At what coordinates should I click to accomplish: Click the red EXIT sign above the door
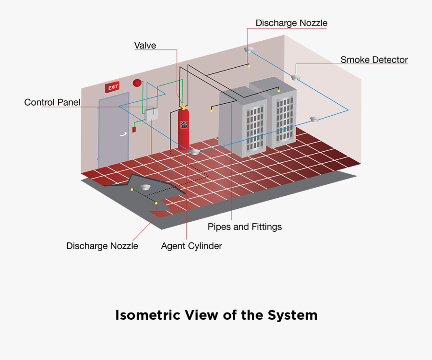[112, 87]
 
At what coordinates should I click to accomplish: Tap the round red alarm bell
[137, 83]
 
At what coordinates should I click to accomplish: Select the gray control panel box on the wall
[152, 114]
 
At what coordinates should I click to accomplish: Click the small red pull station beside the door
[134, 129]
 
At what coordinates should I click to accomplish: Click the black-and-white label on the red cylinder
[184, 125]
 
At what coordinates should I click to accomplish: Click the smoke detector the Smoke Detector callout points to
[296, 77]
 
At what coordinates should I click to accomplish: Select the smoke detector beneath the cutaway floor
[146, 186]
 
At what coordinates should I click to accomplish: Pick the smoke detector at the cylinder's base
[194, 152]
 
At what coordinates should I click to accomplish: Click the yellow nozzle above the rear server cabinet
[279, 90]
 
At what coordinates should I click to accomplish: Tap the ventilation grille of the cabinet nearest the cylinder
[254, 127]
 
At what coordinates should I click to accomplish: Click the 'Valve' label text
[145, 46]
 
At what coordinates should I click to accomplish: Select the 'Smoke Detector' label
[374, 60]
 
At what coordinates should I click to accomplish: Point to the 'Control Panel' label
[52, 102]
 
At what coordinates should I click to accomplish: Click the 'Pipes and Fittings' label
[244, 227]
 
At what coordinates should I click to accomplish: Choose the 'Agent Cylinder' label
[192, 246]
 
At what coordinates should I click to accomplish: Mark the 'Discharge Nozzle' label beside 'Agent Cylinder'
[102, 246]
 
